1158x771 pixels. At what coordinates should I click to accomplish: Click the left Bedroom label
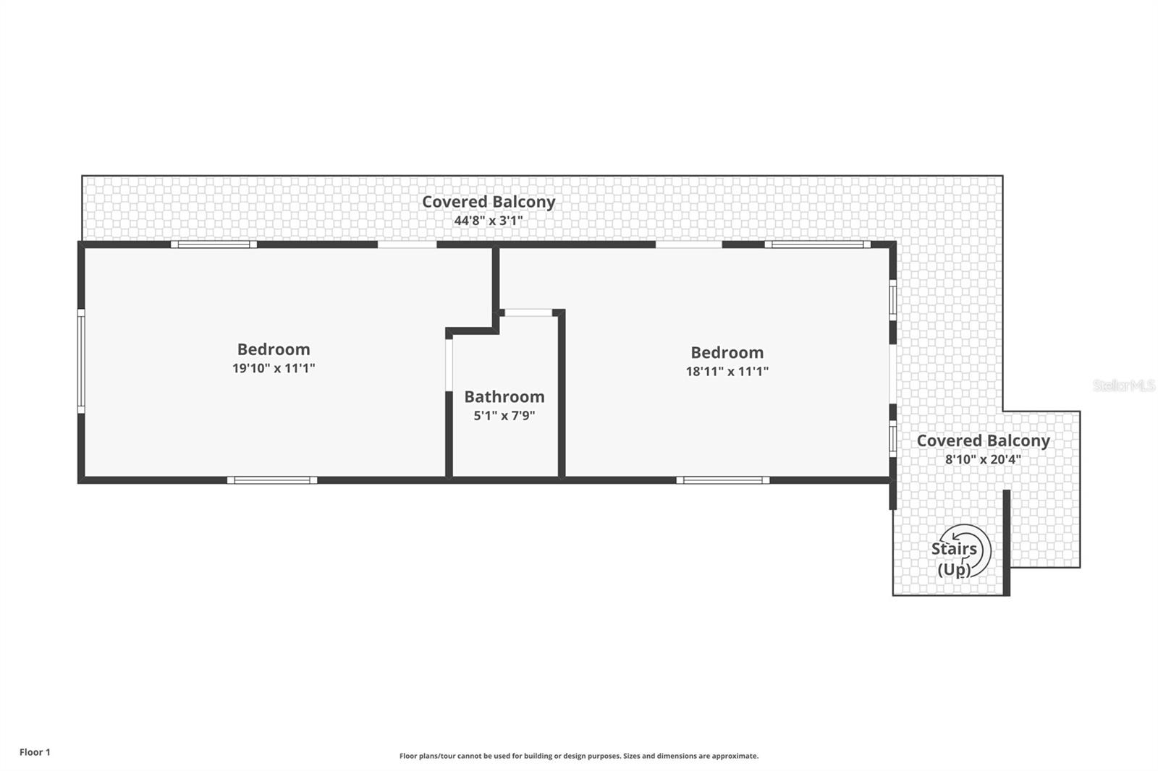pos(274,350)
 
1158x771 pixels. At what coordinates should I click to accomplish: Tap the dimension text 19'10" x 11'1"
pos(274,368)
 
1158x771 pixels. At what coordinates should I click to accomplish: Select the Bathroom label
pos(504,397)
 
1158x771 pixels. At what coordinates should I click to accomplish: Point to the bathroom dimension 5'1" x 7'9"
pos(504,415)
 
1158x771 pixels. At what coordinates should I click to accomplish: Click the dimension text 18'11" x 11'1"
pos(727,372)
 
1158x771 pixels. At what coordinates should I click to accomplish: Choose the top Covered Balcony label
pos(489,202)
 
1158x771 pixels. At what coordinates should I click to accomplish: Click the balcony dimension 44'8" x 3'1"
pos(489,221)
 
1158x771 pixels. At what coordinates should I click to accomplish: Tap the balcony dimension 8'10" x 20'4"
pos(983,459)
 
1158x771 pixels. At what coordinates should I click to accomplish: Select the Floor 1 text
pos(35,752)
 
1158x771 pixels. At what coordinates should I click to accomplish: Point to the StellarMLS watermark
pos(1124,385)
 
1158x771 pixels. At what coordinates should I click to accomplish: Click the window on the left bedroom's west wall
pos(81,361)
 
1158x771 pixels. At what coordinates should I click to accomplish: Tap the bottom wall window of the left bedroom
pos(272,480)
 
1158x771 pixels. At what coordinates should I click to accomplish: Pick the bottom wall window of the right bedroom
pos(723,480)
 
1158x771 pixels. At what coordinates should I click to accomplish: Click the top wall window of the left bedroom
pos(214,244)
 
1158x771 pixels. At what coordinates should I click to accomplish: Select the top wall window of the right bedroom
pos(818,244)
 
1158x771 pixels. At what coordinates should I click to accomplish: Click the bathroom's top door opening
pos(528,312)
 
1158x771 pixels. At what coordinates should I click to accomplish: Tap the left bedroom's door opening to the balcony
pos(407,244)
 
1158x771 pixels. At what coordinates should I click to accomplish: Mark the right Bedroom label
pos(727,353)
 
